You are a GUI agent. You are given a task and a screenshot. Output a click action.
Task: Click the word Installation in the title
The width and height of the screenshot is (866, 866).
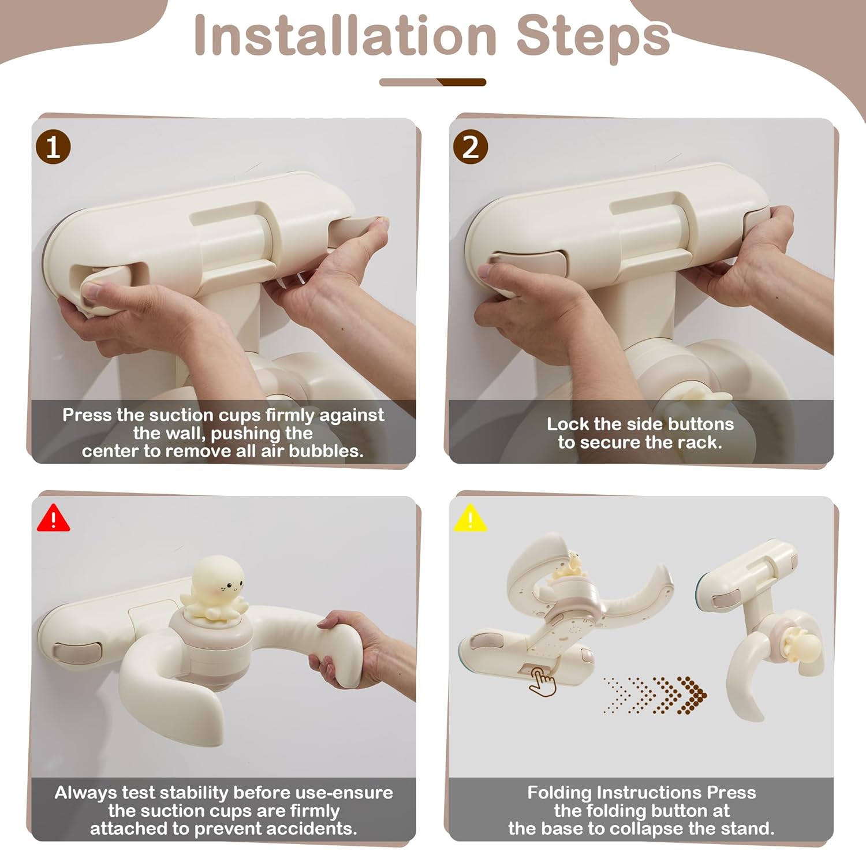pos(345,36)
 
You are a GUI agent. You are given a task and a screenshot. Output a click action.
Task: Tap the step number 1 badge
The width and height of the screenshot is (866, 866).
pos(53,147)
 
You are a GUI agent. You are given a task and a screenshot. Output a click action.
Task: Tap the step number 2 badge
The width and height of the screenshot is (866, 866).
pos(471,147)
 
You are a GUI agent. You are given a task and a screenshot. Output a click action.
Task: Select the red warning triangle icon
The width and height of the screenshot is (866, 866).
pos(53,518)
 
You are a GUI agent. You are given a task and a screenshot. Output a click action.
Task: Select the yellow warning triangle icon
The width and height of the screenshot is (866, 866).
pos(471,518)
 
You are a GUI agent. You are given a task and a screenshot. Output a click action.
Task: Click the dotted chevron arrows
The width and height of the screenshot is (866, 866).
pos(655,695)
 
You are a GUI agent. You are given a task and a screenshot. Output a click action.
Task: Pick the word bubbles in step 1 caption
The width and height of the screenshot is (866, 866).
pos(326,451)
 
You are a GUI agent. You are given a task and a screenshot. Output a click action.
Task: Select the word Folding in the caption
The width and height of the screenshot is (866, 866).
pos(559,793)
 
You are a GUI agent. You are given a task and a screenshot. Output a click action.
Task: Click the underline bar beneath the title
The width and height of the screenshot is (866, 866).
pos(432,82)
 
